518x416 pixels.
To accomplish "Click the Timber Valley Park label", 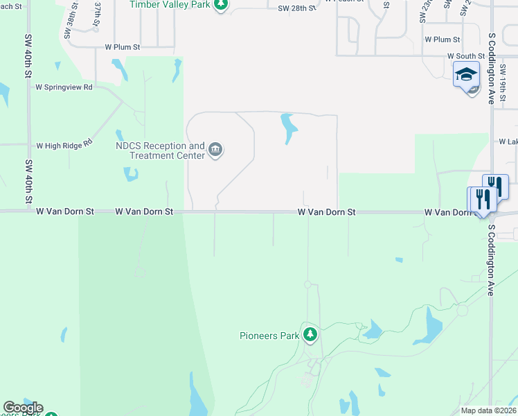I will click(x=170, y=5).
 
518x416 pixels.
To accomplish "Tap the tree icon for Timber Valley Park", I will click(x=220, y=5).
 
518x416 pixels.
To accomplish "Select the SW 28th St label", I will click(x=296, y=9).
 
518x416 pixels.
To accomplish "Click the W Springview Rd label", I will click(x=64, y=88).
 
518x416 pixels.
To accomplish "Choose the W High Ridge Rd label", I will click(x=64, y=146).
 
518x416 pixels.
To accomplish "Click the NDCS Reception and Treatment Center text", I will click(x=160, y=150).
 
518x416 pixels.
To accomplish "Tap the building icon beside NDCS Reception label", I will click(x=215, y=150).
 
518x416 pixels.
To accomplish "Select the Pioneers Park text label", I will click(x=269, y=336).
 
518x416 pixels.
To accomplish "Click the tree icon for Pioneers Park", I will click(x=310, y=336).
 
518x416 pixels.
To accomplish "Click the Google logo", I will click(x=23, y=408).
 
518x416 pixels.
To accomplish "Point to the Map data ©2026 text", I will click(x=488, y=410).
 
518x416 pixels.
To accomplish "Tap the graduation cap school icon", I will click(x=466, y=73).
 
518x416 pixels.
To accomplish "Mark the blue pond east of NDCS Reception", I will click(x=288, y=128).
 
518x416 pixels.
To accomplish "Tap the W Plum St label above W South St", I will click(x=443, y=40).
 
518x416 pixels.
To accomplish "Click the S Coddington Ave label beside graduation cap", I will click(x=492, y=68).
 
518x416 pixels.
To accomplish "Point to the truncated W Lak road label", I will click(x=508, y=141).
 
